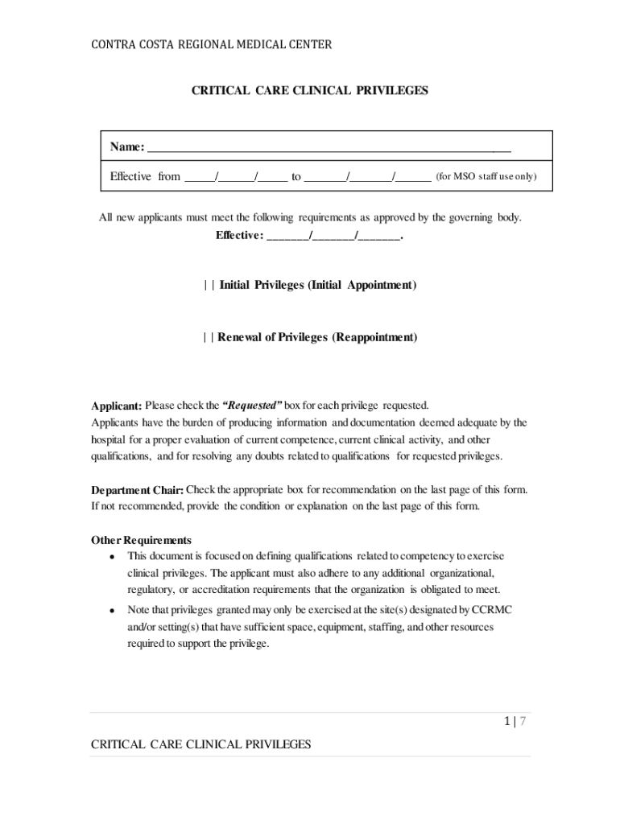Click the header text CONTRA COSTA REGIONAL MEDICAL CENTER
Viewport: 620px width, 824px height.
click(210, 45)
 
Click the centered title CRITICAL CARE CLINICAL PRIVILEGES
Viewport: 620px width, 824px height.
click(309, 91)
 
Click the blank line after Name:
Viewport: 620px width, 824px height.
click(329, 148)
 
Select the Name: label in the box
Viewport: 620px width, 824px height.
click(127, 147)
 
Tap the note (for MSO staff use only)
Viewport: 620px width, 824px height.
click(486, 176)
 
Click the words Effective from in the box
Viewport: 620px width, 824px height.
click(145, 176)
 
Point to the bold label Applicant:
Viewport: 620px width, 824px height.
click(116, 406)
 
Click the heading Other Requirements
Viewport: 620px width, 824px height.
click(141, 540)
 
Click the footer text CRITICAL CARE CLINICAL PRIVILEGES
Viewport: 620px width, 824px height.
click(200, 745)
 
